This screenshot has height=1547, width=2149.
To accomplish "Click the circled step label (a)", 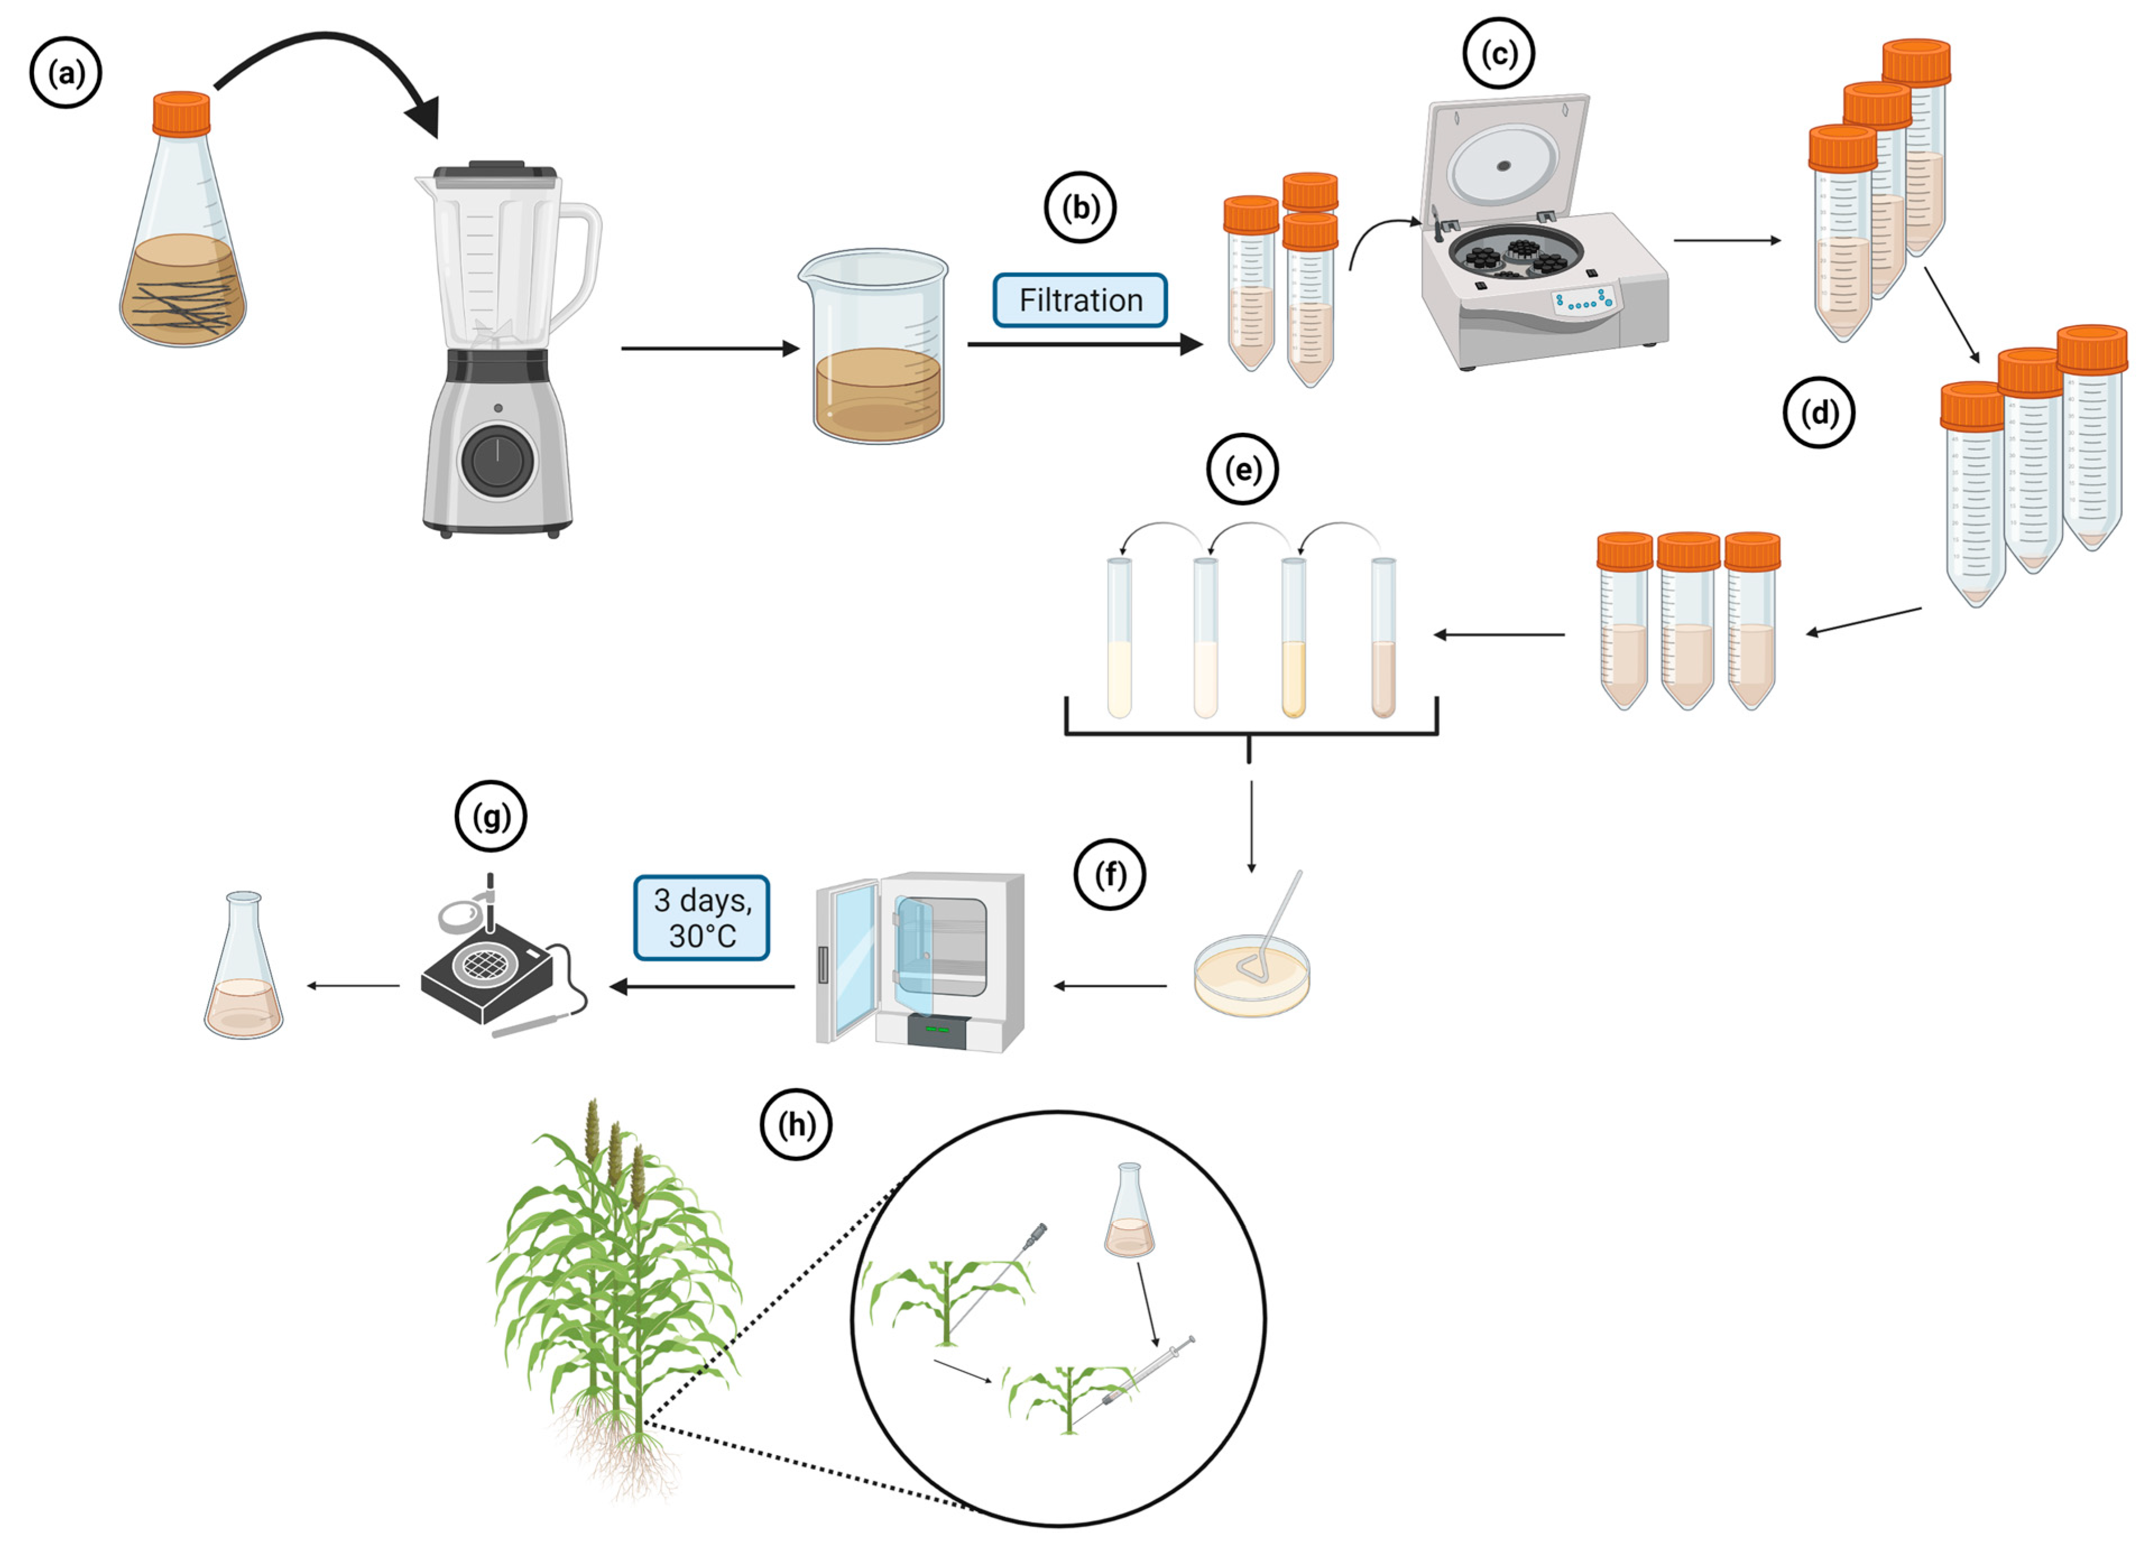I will point(66,73).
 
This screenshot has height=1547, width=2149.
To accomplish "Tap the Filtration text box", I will point(1080,300).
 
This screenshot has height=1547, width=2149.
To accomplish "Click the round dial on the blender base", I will point(497,460).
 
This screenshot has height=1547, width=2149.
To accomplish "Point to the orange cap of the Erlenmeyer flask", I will point(182,113).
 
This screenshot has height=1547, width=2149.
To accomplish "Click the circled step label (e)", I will point(1243,469).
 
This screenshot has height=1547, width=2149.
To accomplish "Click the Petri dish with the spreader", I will point(1253,976).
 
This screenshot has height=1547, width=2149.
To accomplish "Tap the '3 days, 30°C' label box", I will point(701,917).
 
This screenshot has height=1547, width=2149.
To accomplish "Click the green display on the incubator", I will point(937,1029).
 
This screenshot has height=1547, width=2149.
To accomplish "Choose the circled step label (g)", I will point(491,816).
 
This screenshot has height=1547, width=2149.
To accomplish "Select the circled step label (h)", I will point(797,1124).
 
